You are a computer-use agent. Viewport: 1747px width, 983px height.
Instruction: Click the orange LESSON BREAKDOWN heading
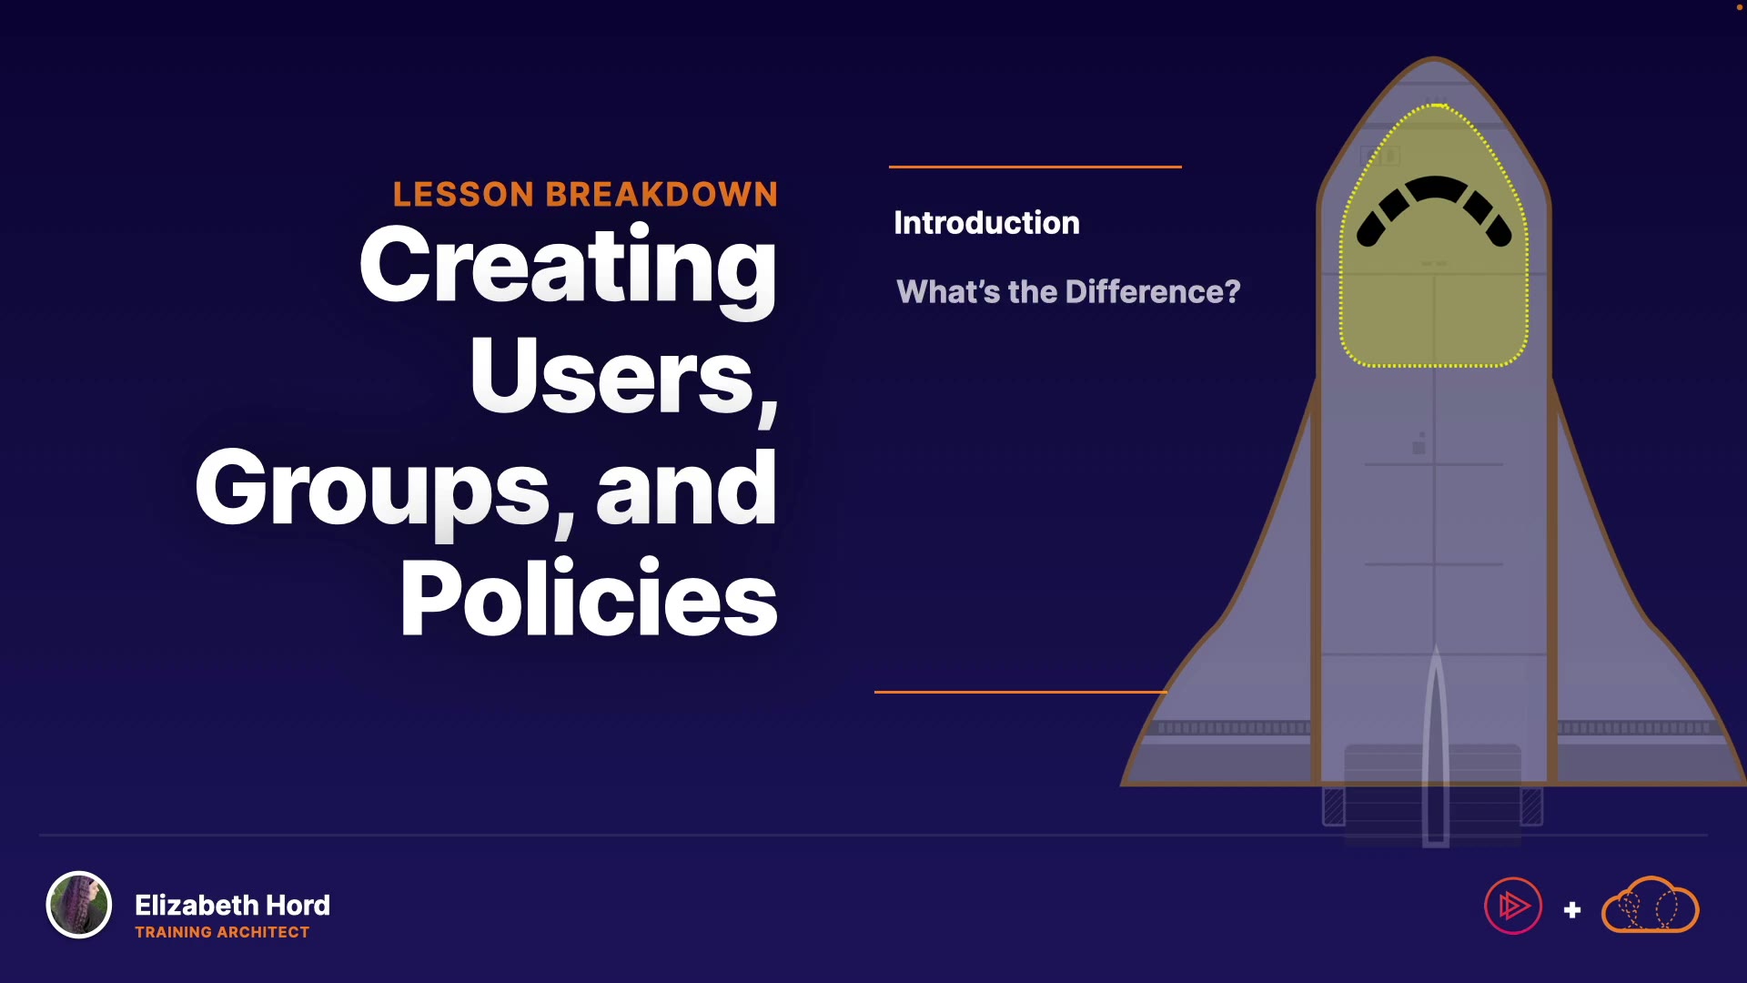point(585,194)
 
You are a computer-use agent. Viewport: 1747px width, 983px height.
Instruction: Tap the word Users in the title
point(611,375)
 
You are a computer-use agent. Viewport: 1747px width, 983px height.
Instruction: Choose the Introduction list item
point(986,223)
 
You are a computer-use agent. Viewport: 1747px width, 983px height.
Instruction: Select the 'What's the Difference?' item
point(1068,291)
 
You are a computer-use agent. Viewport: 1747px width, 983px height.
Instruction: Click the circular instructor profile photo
point(79,905)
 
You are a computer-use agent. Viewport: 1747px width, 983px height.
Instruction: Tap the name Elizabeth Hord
point(232,905)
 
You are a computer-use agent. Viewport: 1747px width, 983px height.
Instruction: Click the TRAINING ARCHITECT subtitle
point(222,932)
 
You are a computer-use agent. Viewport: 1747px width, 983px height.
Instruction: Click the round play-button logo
point(1513,906)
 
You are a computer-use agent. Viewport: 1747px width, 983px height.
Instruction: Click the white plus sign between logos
point(1572,909)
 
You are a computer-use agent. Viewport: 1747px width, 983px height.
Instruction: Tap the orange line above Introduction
point(1035,167)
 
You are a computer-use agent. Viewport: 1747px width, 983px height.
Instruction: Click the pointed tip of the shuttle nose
point(1434,57)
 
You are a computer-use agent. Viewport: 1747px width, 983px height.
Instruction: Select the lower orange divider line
point(1021,692)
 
